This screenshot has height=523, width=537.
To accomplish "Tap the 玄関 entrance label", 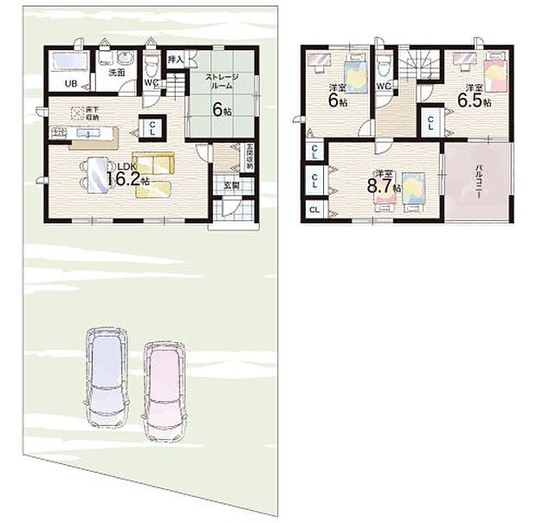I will click(x=231, y=184).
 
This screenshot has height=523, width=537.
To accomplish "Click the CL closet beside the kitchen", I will click(x=152, y=128).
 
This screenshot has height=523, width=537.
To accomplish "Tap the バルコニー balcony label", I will click(x=476, y=184).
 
